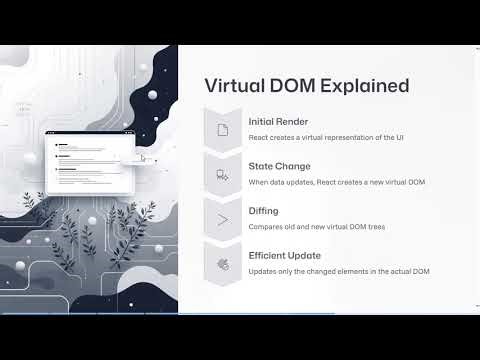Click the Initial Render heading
pos(278,121)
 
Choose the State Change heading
pos(280,166)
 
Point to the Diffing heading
pos(265,211)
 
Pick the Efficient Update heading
pos(285,256)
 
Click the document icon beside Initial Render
pos(223,129)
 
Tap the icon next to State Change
pos(223,174)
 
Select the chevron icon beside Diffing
pos(223,219)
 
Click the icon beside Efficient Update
pos(223,264)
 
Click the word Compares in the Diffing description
pos(266,227)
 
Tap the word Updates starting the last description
pos(264,272)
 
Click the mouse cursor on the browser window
pos(143,157)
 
